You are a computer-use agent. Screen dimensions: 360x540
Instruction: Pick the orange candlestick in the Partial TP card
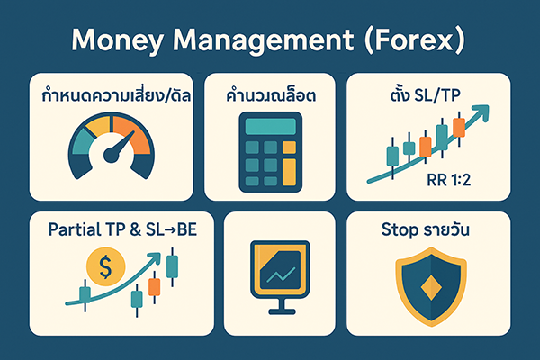tap(153, 286)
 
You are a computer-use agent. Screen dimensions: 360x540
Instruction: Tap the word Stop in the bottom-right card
tap(396, 229)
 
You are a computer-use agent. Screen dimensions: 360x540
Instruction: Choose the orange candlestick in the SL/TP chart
tap(459, 126)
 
